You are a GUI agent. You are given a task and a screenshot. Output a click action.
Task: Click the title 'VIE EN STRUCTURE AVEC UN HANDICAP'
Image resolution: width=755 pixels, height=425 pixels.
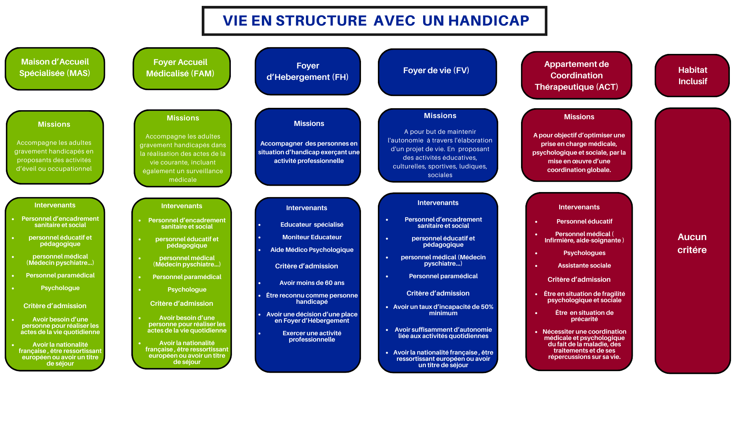pyautogui.click(x=376, y=20)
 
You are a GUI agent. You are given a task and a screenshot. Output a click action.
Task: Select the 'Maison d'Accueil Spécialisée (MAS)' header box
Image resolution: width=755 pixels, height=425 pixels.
pyautogui.click(x=55, y=68)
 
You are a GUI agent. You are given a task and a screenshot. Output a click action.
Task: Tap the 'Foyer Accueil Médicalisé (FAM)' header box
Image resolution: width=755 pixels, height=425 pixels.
pyautogui.click(x=180, y=68)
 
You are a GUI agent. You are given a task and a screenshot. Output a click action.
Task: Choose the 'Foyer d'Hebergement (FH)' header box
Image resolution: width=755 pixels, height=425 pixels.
pyautogui.click(x=308, y=71)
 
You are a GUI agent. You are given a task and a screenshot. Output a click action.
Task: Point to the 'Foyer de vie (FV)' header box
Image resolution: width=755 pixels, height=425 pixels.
pyautogui.click(x=436, y=70)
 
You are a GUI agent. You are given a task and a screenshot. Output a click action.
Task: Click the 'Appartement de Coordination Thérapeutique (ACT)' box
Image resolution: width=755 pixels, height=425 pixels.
pyautogui.click(x=576, y=75)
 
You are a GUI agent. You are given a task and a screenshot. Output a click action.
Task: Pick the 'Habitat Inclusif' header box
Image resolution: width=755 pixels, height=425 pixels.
pyautogui.click(x=692, y=76)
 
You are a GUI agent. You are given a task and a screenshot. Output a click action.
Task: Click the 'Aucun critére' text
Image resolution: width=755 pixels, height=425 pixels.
pyautogui.click(x=692, y=243)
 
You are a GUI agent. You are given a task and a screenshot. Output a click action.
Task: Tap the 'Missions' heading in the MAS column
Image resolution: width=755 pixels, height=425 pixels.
pyautogui.click(x=54, y=124)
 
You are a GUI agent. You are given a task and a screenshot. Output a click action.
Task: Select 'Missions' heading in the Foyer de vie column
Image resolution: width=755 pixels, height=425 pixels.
pyautogui.click(x=440, y=116)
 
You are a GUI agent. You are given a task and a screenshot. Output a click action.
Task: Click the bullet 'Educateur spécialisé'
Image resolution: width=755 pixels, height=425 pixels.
pyautogui.click(x=312, y=225)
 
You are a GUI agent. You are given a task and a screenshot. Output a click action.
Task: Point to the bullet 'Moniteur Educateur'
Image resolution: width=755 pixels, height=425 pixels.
pyautogui.click(x=312, y=237)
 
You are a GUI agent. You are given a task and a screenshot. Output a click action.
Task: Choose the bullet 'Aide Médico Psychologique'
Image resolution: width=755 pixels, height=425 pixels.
pyautogui.click(x=312, y=250)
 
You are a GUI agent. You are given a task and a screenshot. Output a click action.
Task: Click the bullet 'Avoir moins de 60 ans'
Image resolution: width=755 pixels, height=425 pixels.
pyautogui.click(x=312, y=283)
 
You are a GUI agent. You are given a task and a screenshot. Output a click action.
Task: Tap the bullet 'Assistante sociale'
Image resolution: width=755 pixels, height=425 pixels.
pyautogui.click(x=584, y=266)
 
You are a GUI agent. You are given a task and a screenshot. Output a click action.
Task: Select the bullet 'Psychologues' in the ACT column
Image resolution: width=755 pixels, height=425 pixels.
pyautogui.click(x=584, y=253)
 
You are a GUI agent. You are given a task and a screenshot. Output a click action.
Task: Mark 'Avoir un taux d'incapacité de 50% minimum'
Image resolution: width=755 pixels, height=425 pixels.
pyautogui.click(x=443, y=310)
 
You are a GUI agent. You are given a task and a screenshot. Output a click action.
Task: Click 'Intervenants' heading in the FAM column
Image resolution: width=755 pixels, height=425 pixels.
pyautogui.click(x=182, y=206)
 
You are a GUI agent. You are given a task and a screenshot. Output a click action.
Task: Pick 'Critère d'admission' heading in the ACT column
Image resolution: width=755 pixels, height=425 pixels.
pyautogui.click(x=579, y=280)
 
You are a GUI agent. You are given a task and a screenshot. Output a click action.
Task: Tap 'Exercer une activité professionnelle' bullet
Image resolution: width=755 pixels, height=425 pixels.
pyautogui.click(x=312, y=336)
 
